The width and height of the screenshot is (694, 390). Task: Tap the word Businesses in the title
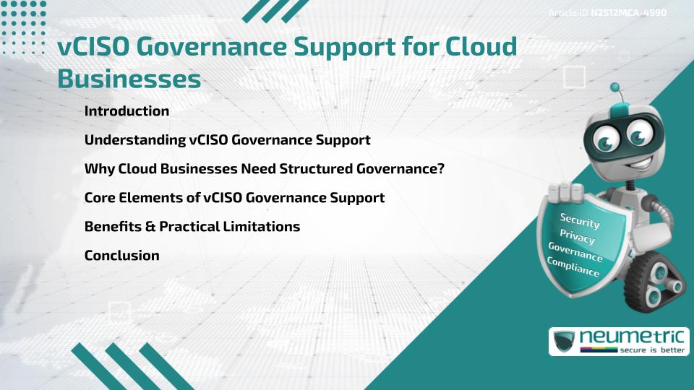tap(129, 79)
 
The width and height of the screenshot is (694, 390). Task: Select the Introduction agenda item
tap(127, 111)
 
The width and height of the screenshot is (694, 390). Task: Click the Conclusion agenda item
tap(121, 255)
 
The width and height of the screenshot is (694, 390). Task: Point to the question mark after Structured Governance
tap(440, 169)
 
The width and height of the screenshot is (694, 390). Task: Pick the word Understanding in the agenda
tap(133, 140)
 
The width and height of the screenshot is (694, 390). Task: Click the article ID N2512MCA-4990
tap(627, 12)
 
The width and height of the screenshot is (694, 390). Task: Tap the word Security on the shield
tap(580, 221)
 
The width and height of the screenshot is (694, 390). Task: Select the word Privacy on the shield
tap(577, 236)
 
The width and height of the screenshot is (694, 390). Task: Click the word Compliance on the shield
tap(573, 266)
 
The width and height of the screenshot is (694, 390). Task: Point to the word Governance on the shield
tap(575, 251)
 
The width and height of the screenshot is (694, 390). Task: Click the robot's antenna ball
tap(615, 87)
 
